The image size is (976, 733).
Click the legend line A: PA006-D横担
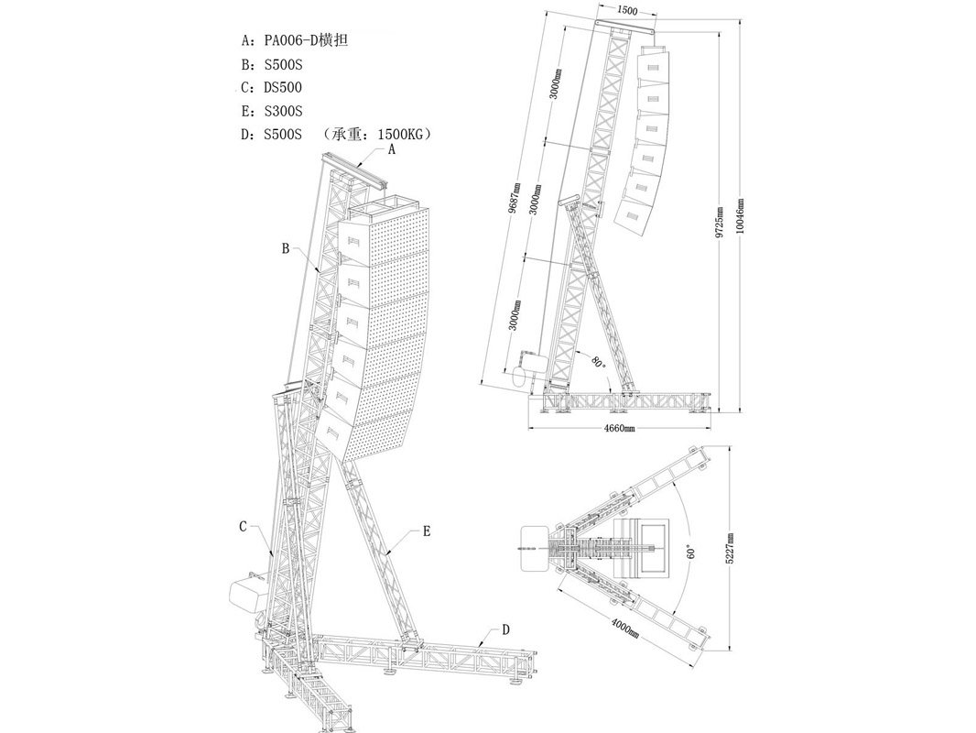(x=294, y=41)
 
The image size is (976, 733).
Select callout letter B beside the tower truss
(x=286, y=248)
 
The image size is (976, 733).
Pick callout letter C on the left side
(x=244, y=526)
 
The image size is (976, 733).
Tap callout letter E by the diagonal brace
(x=427, y=531)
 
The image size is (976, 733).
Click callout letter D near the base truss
(x=506, y=630)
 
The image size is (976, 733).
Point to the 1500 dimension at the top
(x=628, y=10)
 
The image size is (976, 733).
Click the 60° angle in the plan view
(x=692, y=552)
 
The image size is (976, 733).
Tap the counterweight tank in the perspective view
(x=247, y=596)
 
